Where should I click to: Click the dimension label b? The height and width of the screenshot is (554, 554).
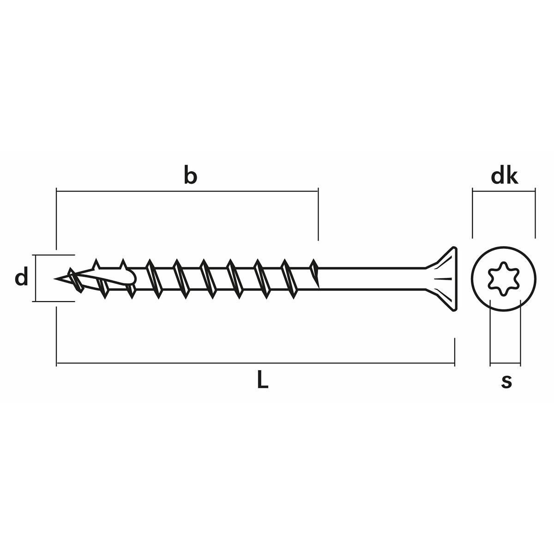(x=190, y=176)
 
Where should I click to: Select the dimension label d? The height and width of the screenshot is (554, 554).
(x=21, y=278)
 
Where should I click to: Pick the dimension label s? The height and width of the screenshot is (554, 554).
(x=506, y=381)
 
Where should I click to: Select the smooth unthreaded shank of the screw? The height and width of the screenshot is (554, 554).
(x=369, y=279)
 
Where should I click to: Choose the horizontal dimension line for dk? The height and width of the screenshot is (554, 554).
(x=503, y=189)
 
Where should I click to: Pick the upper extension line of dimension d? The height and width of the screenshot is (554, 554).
(x=54, y=254)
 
